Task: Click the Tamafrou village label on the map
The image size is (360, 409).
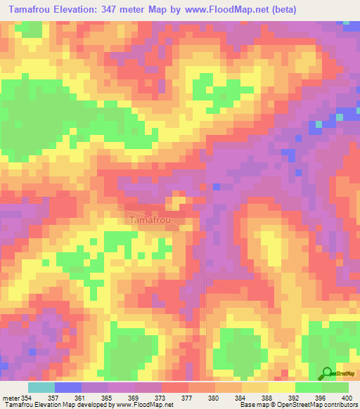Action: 153,220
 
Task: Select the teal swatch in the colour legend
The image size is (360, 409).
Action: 41,387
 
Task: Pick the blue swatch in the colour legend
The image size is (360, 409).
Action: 67,387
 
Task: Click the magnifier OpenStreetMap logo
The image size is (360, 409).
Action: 328,373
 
